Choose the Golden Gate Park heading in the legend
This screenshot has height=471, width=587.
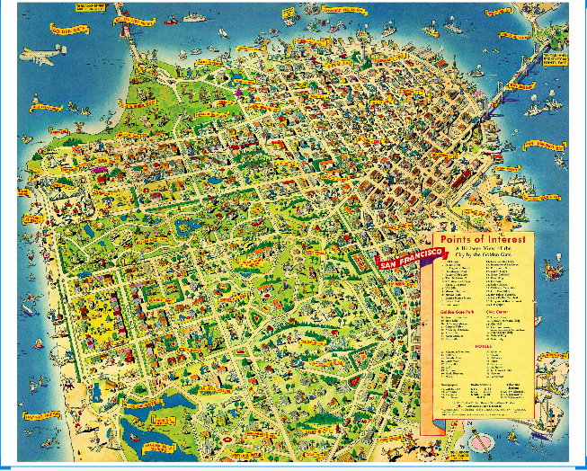[458, 312]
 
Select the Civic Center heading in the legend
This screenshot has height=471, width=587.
[503, 312]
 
